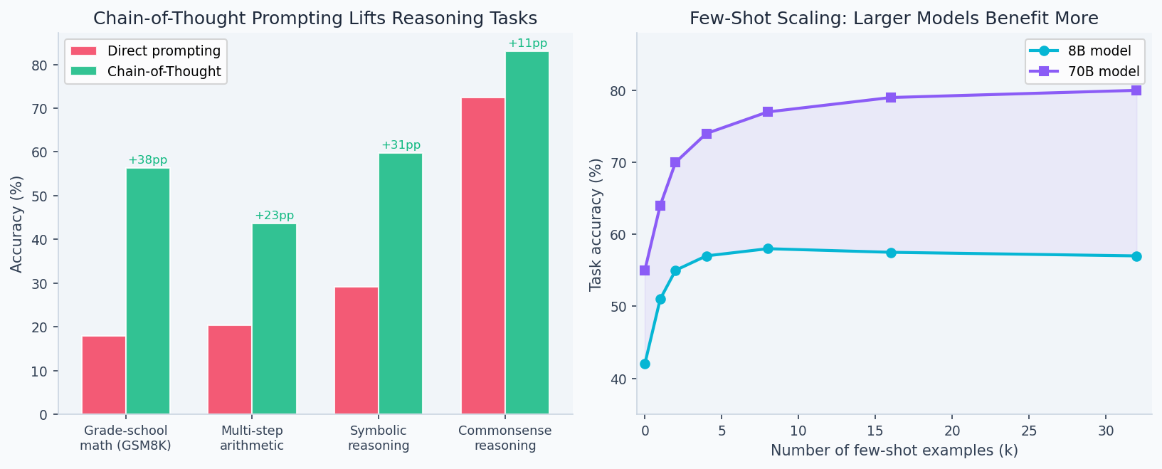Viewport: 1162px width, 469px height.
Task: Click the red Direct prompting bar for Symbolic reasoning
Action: [x=356, y=350]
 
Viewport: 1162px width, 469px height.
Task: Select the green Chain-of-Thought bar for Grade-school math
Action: [x=148, y=290]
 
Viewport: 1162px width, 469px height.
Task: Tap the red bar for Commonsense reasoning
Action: [x=483, y=255]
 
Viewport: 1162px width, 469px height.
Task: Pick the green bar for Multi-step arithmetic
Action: [x=274, y=318]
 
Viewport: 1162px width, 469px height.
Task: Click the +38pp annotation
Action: [x=148, y=160]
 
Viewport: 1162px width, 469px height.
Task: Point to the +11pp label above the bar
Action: [x=527, y=43]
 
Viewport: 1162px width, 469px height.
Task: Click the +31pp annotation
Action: [x=401, y=145]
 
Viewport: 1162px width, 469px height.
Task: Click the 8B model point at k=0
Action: [x=645, y=364]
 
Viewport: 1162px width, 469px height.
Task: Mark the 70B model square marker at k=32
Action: [x=1136, y=90]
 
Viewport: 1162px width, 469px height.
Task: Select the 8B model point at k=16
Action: [x=891, y=253]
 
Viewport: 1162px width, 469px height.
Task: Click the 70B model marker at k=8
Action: [x=768, y=112]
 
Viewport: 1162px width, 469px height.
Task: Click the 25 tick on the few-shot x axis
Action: [x=1028, y=431]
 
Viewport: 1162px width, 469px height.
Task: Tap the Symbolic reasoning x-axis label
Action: [x=379, y=438]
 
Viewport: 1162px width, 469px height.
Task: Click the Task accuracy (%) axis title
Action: [x=596, y=224]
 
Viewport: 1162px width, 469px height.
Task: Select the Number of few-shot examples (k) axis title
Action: [x=894, y=450]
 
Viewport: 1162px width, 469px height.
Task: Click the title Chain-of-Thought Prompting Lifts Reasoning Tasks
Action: [x=315, y=19]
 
